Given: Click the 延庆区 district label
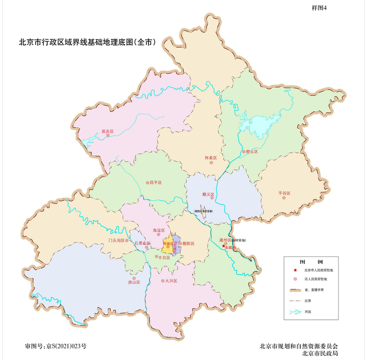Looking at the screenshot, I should coord(108,131).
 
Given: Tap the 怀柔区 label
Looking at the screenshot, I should coord(211,157).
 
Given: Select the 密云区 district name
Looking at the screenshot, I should coord(253,152).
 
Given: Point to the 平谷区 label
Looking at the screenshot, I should coord(284,193).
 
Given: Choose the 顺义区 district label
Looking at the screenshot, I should coord(209,194).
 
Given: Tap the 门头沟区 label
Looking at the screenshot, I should coord(115,240).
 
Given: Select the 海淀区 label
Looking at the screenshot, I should coord(158,230).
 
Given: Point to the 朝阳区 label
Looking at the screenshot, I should coord(188,244).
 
